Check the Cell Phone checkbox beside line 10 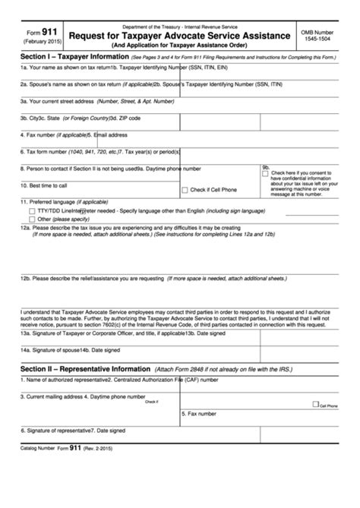click(x=185, y=189)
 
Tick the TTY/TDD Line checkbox click(x=31, y=210)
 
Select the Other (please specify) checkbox click(x=31, y=218)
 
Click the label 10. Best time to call click(x=44, y=185)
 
